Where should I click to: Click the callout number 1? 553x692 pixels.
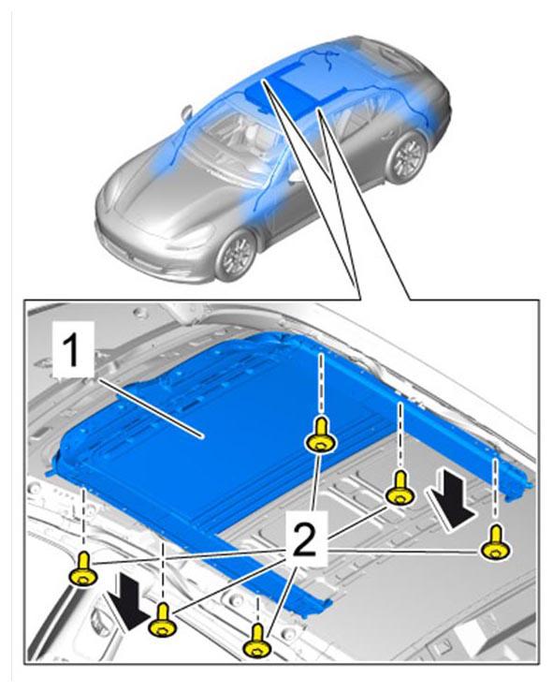point(72,350)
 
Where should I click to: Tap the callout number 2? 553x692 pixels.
point(305,538)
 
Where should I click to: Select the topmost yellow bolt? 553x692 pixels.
point(322,435)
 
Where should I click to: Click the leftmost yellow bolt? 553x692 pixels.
point(84,569)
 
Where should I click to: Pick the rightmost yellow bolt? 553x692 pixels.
point(496,542)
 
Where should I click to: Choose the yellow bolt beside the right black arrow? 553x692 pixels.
point(400,489)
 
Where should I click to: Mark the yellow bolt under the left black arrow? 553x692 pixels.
point(163,621)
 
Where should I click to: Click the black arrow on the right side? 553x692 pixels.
point(455,499)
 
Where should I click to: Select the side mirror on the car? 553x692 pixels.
point(187,112)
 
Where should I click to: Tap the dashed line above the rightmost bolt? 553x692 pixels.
point(496,489)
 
